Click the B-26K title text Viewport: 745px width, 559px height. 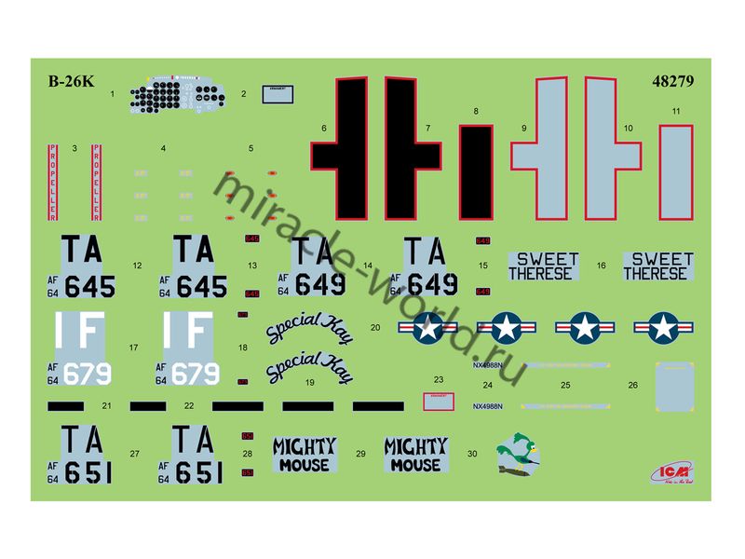coord(71,81)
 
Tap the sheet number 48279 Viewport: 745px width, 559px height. coord(672,81)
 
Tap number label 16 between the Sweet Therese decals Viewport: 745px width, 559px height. coord(602,266)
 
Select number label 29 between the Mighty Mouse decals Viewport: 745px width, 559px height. coord(360,453)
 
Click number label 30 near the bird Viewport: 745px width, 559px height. coord(472,453)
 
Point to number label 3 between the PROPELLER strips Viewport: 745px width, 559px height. coord(74,147)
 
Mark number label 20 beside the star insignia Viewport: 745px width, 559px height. coord(375,328)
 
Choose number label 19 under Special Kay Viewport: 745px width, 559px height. coord(310,382)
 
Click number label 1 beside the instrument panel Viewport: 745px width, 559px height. coord(112,94)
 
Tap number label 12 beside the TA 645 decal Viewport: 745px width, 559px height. coord(137,266)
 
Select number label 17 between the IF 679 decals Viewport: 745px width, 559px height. coord(134,348)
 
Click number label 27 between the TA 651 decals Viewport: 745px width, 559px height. coord(135,453)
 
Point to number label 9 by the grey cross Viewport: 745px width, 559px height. coord(524,128)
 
